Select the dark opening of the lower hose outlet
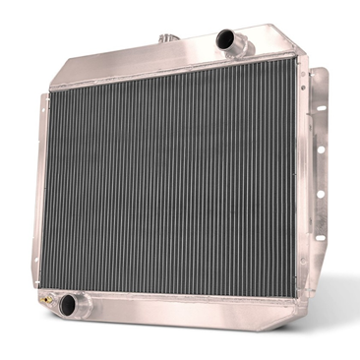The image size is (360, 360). point(68,305)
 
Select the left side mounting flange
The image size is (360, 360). point(40,187)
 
